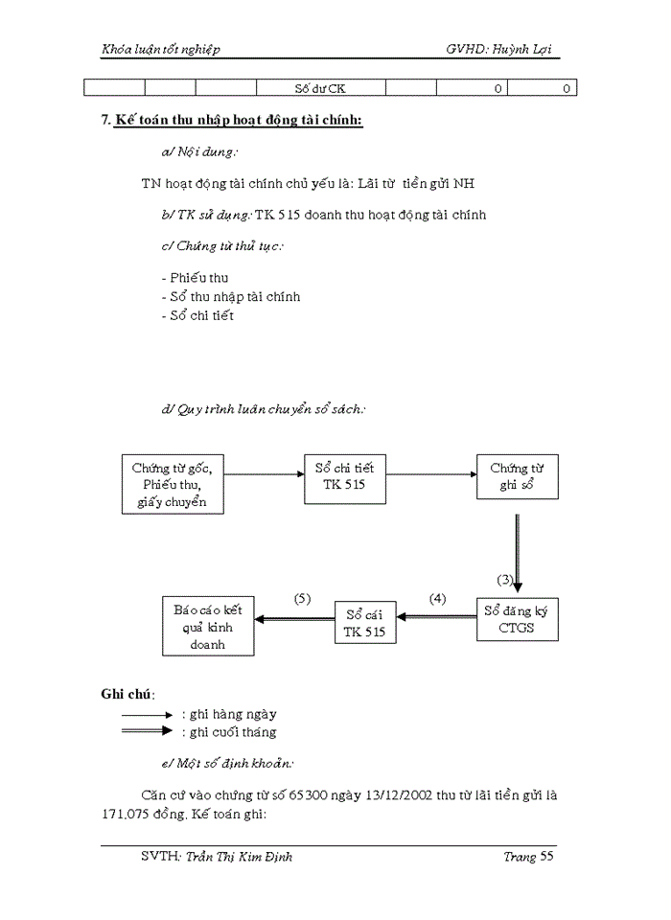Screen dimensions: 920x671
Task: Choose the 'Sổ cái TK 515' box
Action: pyautogui.click(x=364, y=622)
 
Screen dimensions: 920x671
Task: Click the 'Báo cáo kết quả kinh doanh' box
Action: pyautogui.click(x=207, y=627)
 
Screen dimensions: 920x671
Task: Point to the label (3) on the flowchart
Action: pyautogui.click(x=505, y=580)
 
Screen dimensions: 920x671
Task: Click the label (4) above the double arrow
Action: pyautogui.click(x=437, y=599)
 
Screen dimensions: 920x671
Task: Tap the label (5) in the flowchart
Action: pyautogui.click(x=302, y=599)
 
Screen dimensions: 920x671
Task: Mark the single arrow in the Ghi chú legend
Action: pyautogui.click(x=147, y=715)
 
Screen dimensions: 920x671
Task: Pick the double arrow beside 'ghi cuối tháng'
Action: pyautogui.click(x=147, y=731)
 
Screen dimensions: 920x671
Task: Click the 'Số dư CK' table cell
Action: pyautogui.click(x=320, y=89)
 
